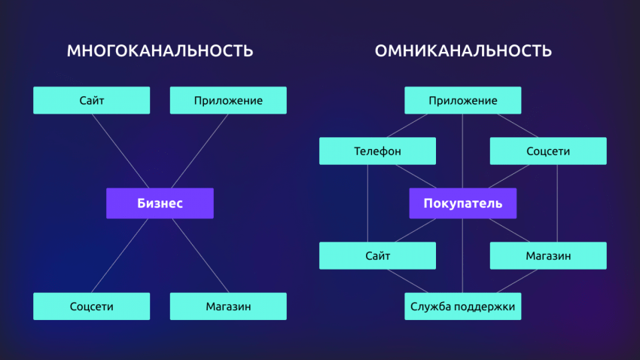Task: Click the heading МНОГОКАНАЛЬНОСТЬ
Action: (160, 51)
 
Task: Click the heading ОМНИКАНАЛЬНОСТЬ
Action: (463, 51)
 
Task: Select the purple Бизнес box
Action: (160, 203)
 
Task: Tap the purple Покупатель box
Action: (463, 203)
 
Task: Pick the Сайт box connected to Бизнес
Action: (91, 100)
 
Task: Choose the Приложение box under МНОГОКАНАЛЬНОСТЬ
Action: (228, 100)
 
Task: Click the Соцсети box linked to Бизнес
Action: (91, 307)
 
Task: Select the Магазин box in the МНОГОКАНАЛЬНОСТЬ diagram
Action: (228, 307)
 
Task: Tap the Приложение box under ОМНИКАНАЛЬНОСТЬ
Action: (463, 100)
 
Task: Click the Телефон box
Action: (377, 151)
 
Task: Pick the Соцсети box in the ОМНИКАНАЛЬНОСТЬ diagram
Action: (548, 151)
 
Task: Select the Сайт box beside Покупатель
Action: (377, 255)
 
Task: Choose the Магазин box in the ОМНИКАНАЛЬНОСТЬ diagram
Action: (548, 255)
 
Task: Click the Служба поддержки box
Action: (463, 307)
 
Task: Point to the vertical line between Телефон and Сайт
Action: (367, 203)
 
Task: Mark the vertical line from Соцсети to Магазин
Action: (557, 203)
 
